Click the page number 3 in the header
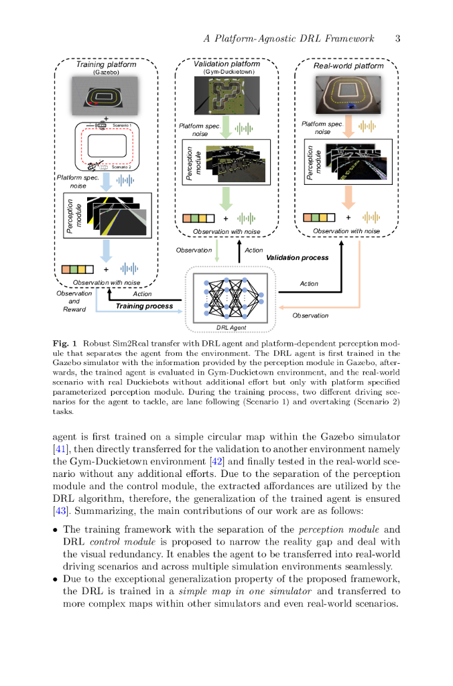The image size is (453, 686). click(397, 38)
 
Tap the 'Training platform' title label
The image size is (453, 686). click(106, 64)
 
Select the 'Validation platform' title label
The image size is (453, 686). click(226, 64)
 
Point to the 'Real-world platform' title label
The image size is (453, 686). click(348, 66)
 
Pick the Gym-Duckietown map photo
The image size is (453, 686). click(226, 94)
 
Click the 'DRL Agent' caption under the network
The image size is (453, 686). click(231, 327)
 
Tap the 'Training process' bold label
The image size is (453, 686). click(144, 305)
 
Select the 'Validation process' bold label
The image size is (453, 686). click(298, 257)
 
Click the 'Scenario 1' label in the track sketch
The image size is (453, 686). click(121, 125)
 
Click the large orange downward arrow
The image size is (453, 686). click(347, 198)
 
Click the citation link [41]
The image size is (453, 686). click(60, 448)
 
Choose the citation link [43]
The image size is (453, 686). click(60, 512)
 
